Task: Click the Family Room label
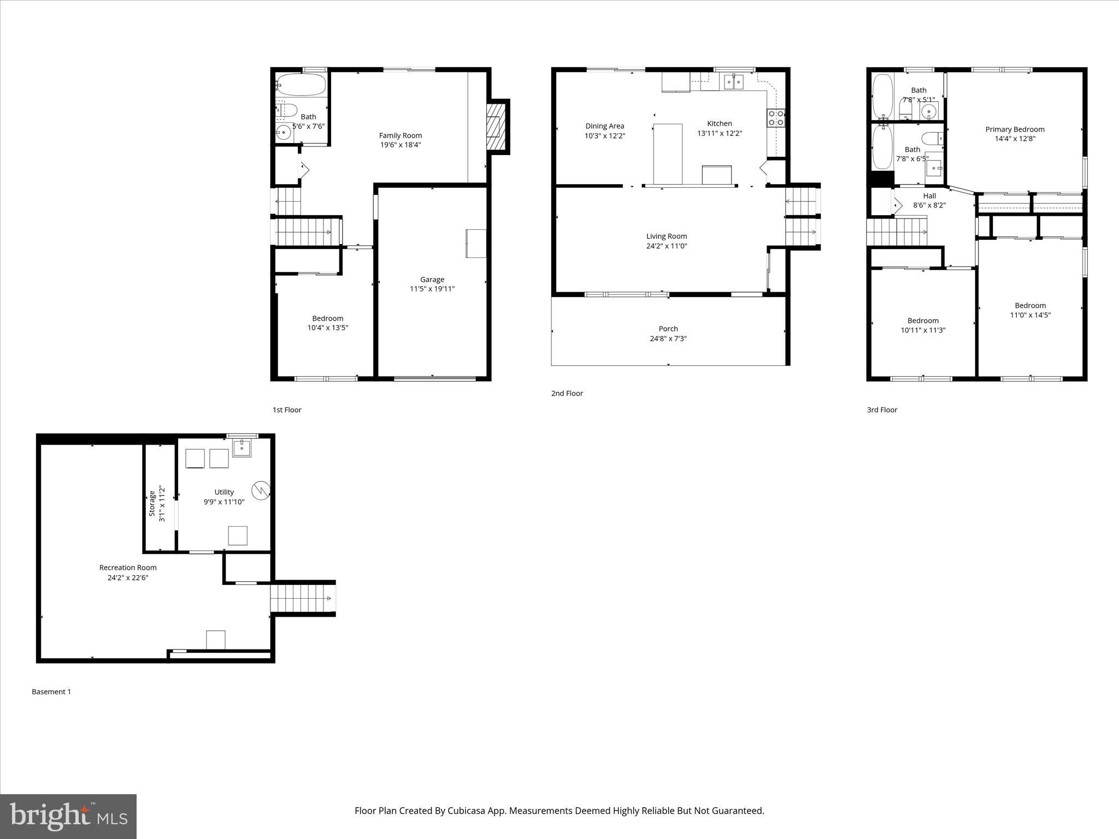[401, 135]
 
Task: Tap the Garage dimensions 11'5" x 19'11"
[432, 289]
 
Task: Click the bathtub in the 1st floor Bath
[301, 85]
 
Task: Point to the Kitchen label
[719, 123]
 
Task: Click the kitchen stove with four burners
[776, 118]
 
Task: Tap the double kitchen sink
[734, 82]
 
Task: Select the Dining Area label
[604, 126]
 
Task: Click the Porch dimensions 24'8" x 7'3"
[668, 339]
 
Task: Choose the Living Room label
[667, 237]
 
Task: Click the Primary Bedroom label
[1015, 129]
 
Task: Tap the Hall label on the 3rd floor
[929, 196]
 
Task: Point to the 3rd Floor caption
[882, 410]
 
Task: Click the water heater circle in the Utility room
[261, 490]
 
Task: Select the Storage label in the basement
[152, 504]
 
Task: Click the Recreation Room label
[128, 568]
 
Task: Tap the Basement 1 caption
[51, 692]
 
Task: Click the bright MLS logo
[68, 816]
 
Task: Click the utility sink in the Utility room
[242, 447]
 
